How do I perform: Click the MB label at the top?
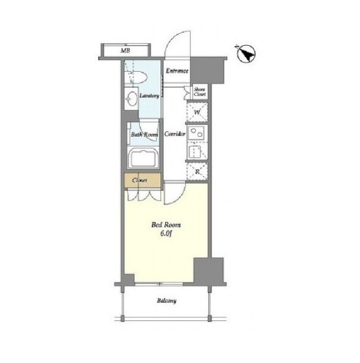click(x=125, y=50)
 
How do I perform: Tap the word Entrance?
click(x=177, y=71)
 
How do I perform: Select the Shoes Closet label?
click(x=200, y=92)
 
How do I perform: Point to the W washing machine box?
click(x=197, y=113)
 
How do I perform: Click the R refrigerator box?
click(x=197, y=171)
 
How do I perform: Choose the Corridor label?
click(x=175, y=134)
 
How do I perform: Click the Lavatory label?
click(x=149, y=95)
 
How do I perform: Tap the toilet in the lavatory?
click(x=136, y=77)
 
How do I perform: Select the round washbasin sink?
click(x=132, y=99)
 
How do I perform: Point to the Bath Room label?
click(x=145, y=134)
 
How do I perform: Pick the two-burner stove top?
click(x=197, y=133)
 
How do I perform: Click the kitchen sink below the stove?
click(x=196, y=151)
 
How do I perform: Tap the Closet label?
click(x=139, y=180)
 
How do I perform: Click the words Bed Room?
click(x=166, y=225)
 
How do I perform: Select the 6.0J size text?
click(x=165, y=233)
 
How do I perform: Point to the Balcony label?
click(x=167, y=301)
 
